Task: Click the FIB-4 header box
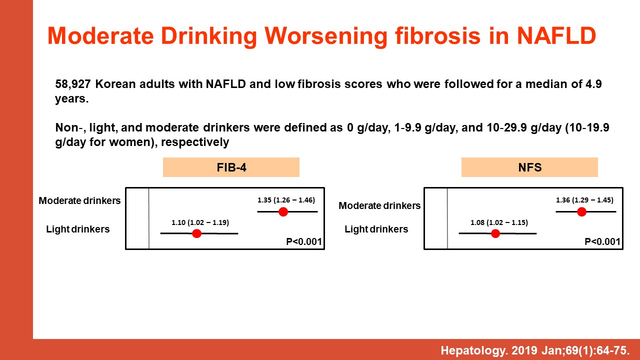(231, 167)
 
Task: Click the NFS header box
(529, 167)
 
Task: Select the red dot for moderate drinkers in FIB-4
(283, 211)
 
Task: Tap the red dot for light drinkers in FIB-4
(196, 233)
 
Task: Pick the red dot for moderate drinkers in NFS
(581, 211)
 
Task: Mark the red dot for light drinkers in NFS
(495, 233)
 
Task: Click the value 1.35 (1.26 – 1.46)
(286, 200)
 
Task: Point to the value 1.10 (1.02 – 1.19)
(200, 222)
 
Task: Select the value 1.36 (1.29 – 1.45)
(584, 200)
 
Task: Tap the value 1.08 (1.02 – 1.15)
(499, 222)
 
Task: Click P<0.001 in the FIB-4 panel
(304, 241)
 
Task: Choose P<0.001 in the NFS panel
(602, 241)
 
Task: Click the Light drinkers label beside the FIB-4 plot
(77, 229)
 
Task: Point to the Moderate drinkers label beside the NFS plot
(379, 205)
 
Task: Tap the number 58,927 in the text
(73, 84)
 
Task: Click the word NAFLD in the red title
(556, 36)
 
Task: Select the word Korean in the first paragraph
(115, 84)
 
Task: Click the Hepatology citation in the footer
(535, 350)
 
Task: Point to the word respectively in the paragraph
(195, 142)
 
